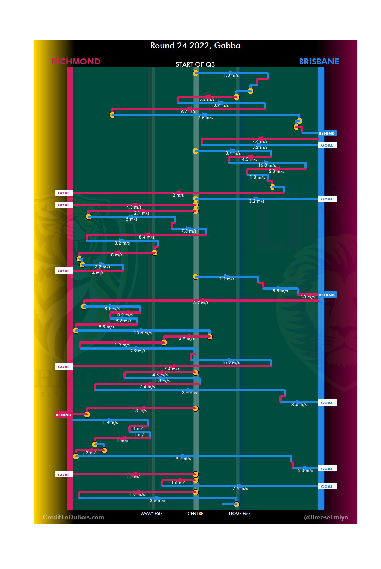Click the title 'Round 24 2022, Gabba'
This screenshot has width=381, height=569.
click(195, 45)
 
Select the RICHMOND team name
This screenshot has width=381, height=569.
click(76, 62)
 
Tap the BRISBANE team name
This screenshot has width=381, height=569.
click(319, 62)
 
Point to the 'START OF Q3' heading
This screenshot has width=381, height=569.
click(195, 64)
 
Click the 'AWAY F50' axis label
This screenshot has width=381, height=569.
click(151, 513)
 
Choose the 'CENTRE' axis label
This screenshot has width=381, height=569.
click(195, 513)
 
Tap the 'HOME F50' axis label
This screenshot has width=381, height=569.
click(239, 513)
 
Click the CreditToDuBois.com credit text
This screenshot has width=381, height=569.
click(73, 517)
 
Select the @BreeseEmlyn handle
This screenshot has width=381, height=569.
click(326, 517)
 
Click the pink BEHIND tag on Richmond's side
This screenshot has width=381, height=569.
click(64, 415)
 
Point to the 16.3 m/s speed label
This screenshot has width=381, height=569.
click(267, 165)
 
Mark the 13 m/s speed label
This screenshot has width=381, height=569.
click(308, 297)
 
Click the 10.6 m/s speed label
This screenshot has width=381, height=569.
click(143, 333)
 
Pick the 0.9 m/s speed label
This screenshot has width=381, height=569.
click(125, 315)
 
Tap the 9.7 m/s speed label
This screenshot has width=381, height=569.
click(188, 111)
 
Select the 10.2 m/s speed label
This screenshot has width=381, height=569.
click(231, 363)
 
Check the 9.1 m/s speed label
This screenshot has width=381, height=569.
click(183, 459)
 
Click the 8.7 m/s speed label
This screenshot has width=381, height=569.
click(201, 303)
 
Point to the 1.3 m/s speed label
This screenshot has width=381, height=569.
click(231, 75)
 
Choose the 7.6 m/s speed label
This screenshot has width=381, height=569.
click(240, 489)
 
